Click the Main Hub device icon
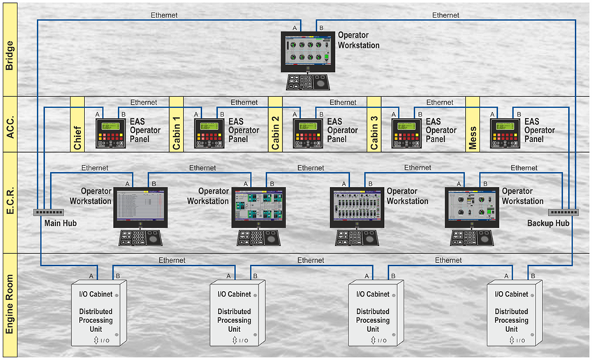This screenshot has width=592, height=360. click(x=48, y=213)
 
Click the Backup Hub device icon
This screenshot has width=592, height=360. click(x=563, y=213)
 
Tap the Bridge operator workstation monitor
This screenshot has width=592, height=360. click(x=308, y=52)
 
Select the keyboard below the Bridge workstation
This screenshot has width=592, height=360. click(x=308, y=82)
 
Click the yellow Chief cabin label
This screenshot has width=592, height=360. click(x=77, y=124)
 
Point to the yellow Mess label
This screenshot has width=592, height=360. click(x=473, y=124)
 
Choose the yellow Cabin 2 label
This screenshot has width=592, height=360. click(x=275, y=124)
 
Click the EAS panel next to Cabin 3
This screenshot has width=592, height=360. click(x=406, y=133)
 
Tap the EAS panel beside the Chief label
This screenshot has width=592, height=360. click(x=110, y=133)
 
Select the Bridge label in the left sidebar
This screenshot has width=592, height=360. click(x=10, y=50)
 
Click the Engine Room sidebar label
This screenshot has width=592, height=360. click(x=10, y=305)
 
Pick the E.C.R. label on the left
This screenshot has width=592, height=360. click(x=10, y=202)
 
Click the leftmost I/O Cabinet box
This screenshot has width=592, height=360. click(x=99, y=313)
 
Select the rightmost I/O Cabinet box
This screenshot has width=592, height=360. click(x=515, y=313)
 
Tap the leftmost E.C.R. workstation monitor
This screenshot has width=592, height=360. click(x=140, y=207)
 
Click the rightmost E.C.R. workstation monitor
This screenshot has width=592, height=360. click(x=472, y=207)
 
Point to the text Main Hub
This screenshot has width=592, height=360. click(x=61, y=223)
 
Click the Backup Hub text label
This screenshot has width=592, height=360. click(x=548, y=223)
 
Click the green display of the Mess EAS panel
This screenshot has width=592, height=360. click(x=505, y=126)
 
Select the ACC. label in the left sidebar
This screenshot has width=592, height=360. click(x=10, y=124)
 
